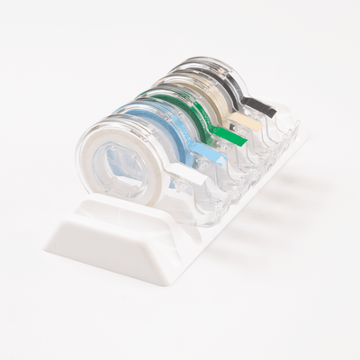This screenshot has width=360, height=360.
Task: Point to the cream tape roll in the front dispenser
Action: [x=94, y=162]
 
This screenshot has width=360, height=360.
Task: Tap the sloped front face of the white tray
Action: [x=108, y=247]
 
